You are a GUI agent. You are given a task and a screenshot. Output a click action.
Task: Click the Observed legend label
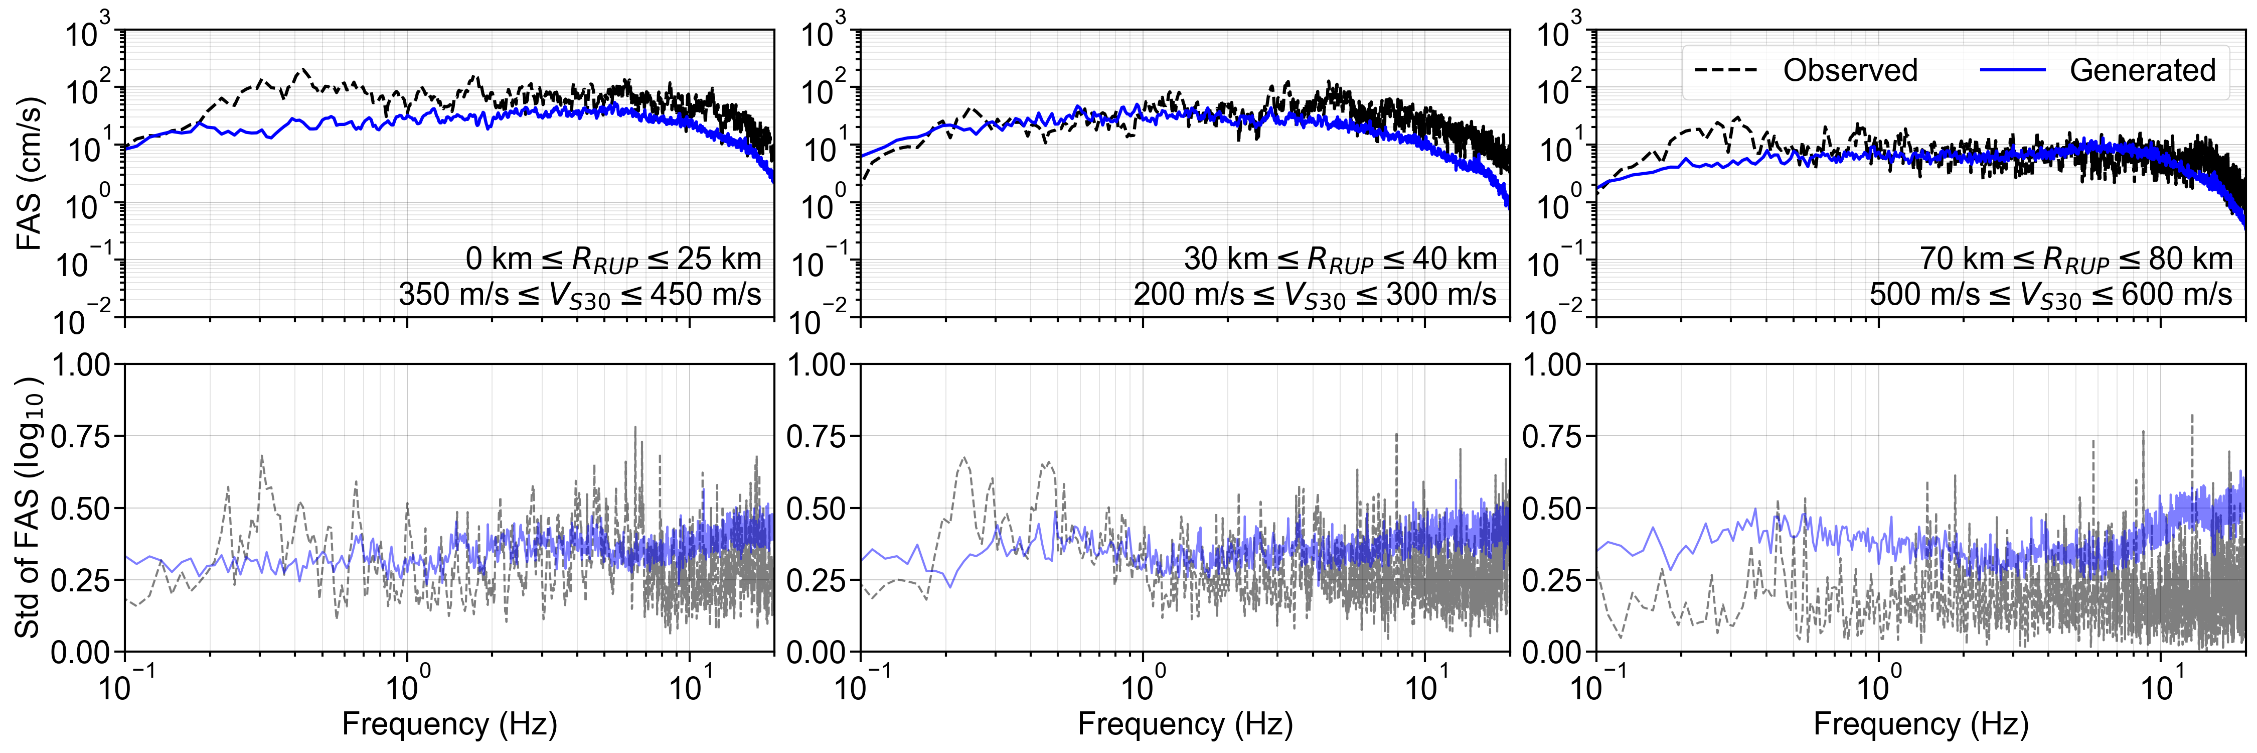[1850, 70]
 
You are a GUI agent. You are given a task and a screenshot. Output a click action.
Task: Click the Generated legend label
[2142, 70]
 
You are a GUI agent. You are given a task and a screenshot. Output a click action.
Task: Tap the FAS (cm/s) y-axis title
[29, 174]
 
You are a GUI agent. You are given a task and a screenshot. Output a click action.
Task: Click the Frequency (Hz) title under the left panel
[449, 724]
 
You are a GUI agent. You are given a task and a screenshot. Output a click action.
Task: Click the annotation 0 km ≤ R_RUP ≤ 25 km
[613, 259]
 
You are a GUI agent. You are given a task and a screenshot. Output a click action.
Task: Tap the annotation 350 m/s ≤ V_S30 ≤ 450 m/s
[580, 295]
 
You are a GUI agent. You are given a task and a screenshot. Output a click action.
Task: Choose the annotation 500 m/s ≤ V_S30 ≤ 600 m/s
[2050, 295]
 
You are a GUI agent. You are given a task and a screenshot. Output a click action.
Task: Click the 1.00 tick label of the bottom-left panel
[81, 364]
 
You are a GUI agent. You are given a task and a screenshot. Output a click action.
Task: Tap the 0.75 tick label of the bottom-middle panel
[817, 437]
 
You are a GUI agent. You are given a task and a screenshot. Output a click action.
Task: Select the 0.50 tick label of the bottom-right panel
[1552, 509]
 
